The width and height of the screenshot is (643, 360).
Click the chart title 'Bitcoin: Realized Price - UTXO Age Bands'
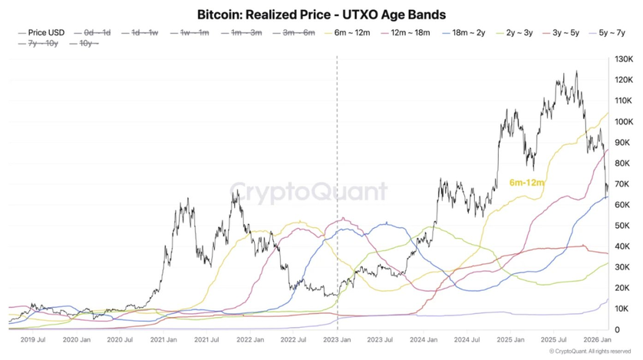click(321, 15)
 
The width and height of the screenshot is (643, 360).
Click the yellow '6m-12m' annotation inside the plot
click(526, 183)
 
